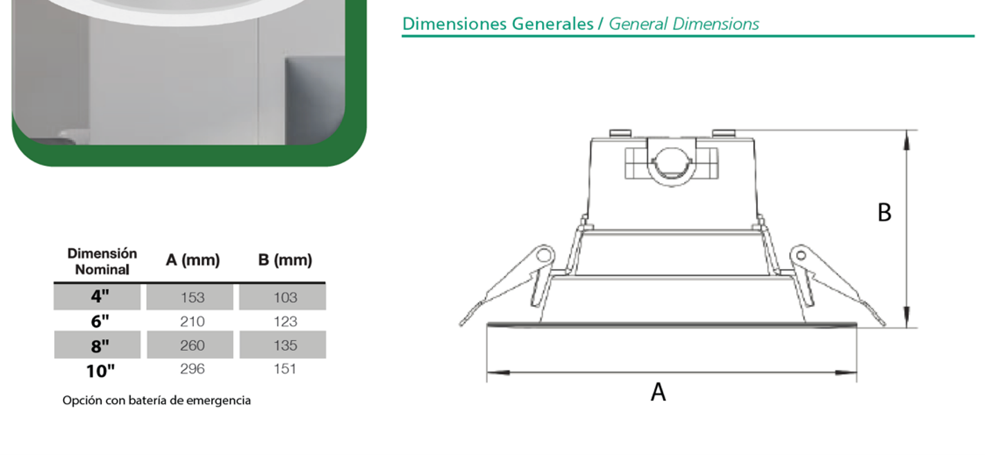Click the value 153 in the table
coord(192,298)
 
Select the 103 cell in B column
coord(285,298)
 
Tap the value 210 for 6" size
coord(192,322)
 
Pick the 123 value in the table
coord(285,322)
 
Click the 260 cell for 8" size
coord(192,346)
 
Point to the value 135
coord(285,346)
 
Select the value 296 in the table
coord(192,369)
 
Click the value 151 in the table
coord(285,369)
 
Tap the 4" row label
coord(100,297)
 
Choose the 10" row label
coord(100,371)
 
